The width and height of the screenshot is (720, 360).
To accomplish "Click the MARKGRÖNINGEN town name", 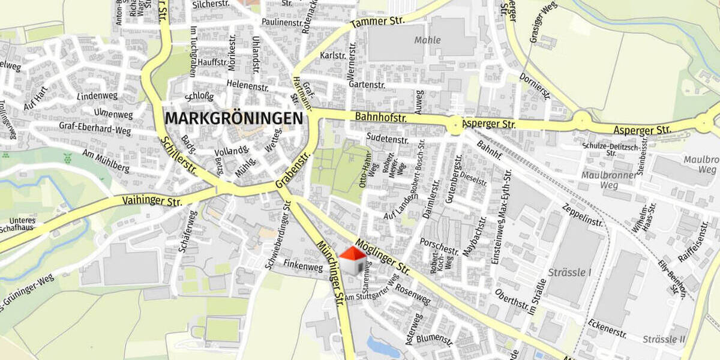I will coord(233,118).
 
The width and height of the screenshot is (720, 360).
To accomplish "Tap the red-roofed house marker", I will coord(353,260).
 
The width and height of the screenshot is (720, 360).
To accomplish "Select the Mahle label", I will coord(427,40).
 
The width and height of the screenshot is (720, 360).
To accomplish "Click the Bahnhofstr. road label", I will coord(380,117).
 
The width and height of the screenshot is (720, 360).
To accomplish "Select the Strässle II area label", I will coord(664,340).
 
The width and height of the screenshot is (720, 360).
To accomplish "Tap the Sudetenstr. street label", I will coord(387,140).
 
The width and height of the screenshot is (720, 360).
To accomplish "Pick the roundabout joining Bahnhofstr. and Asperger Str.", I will coord(455,125).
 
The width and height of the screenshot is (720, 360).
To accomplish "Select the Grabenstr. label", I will coord(292,171).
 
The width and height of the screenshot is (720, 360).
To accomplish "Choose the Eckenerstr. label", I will coord(607,329).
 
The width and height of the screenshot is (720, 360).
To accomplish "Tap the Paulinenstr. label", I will coord(282,22).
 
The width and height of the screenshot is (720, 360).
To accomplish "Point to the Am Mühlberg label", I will coord(106,161).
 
